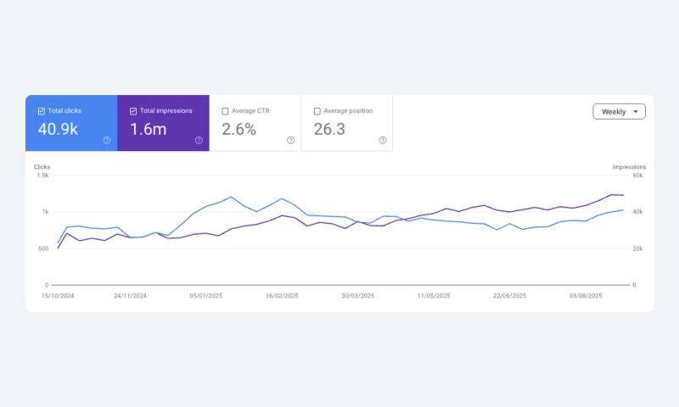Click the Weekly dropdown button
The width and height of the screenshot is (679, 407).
point(619,112)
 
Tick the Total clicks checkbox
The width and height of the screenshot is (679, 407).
point(42,111)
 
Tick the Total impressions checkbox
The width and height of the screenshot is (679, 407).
point(133,111)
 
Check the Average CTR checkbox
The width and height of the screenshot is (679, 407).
point(225,111)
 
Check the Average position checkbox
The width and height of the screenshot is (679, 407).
point(317,111)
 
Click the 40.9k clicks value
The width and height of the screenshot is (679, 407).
point(59,130)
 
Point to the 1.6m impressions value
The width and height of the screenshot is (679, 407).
point(149,130)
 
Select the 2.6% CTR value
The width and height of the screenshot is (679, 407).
point(238,130)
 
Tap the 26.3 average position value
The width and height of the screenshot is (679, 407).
point(329,130)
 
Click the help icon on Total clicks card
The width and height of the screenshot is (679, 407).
point(107,140)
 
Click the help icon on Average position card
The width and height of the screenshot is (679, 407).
point(382,140)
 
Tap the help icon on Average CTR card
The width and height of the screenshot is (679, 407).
point(290,140)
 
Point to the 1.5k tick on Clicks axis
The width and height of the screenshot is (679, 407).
point(42,176)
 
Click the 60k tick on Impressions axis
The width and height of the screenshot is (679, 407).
point(637,176)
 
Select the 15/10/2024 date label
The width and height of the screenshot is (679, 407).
point(57,296)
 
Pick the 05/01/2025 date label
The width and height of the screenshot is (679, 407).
point(205,296)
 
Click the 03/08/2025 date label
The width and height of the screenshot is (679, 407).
point(586,296)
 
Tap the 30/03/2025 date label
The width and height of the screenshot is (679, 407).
point(357,296)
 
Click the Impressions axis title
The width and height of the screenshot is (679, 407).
point(629,167)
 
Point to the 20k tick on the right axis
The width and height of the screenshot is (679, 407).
point(637,248)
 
